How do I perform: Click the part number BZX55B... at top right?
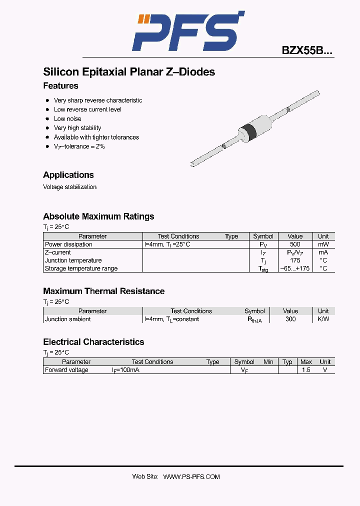[x=306, y=50]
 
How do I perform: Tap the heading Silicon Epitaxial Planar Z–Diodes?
[x=129, y=72]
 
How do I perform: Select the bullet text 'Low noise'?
[x=67, y=118]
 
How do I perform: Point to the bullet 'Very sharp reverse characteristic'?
[x=98, y=100]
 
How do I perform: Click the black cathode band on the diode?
[x=248, y=130]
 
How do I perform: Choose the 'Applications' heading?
[x=68, y=175]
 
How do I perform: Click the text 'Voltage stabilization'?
[x=69, y=187]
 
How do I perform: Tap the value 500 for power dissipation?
[x=295, y=244]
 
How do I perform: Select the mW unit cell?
[x=323, y=244]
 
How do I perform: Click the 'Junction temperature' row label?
[x=73, y=260]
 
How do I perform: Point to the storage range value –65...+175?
[x=295, y=268]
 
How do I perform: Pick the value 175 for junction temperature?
[x=295, y=260]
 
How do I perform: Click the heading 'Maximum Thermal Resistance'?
[x=103, y=291]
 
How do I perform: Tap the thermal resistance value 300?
[x=290, y=319]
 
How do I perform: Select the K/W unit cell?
[x=323, y=319]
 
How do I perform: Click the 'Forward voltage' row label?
[x=66, y=370]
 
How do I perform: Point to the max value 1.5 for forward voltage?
[x=306, y=370]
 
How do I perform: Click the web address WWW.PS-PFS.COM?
[x=191, y=477]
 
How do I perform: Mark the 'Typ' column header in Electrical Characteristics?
[x=287, y=362]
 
